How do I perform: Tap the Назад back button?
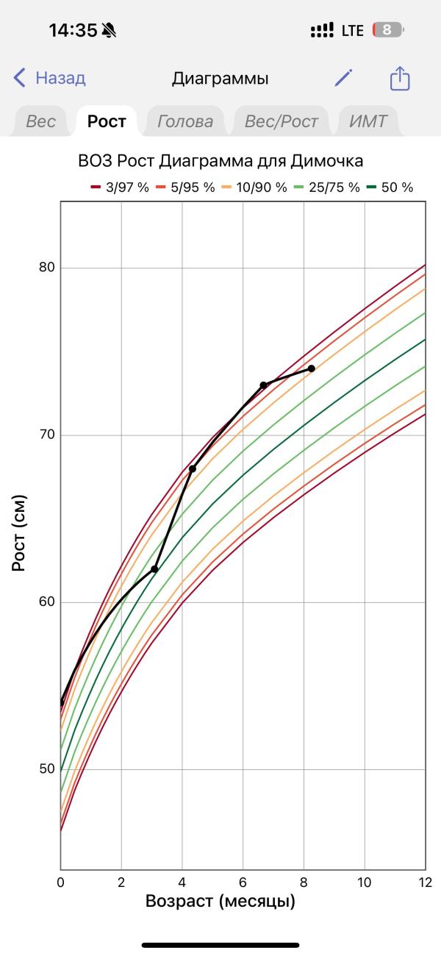click(50, 78)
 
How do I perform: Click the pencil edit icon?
click(343, 78)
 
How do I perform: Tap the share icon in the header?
click(399, 78)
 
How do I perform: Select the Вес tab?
click(40, 121)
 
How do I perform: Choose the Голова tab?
click(185, 121)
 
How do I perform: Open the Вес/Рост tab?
click(281, 121)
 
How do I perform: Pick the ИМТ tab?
click(367, 121)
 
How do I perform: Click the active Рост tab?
click(107, 121)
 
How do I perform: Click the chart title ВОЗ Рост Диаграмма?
click(220, 161)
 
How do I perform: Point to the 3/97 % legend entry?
click(119, 188)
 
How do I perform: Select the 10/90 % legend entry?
click(254, 188)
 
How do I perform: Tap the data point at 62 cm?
click(154, 568)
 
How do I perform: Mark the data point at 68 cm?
click(193, 468)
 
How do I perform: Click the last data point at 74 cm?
click(312, 368)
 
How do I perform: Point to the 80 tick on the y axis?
click(47, 268)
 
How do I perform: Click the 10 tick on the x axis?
click(364, 882)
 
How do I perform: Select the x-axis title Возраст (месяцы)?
click(220, 901)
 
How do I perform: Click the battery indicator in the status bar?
click(388, 30)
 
